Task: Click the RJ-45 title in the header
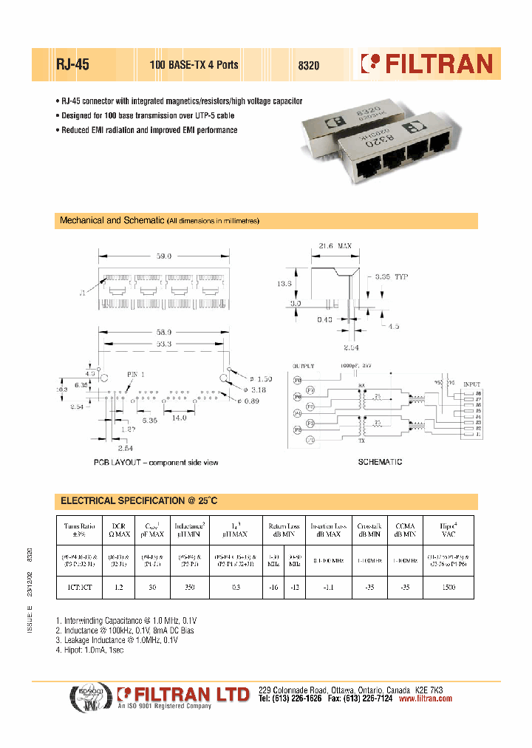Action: click(x=73, y=64)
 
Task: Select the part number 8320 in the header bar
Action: click(x=308, y=65)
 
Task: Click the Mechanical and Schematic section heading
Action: click(x=159, y=221)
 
